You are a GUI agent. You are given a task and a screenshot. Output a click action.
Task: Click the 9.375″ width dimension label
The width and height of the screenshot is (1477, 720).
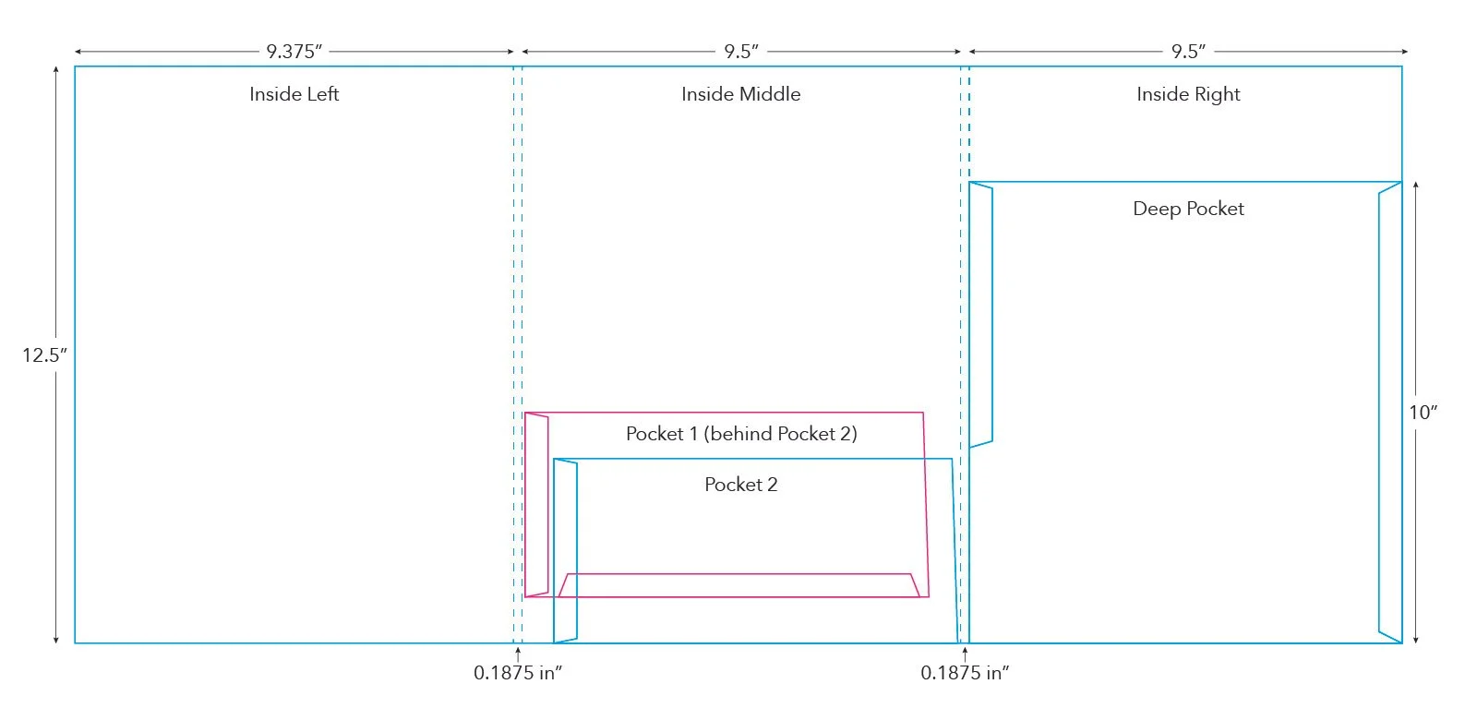pos(294,52)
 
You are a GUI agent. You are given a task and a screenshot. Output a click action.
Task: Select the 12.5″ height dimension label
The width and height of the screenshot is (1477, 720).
pos(44,355)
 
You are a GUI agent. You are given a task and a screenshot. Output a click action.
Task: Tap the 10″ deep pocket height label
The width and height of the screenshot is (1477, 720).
pos(1423,413)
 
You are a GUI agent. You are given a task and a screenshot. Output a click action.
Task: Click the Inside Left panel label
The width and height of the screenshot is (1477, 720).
pos(294,94)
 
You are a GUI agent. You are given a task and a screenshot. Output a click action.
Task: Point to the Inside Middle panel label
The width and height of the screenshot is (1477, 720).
pos(740,94)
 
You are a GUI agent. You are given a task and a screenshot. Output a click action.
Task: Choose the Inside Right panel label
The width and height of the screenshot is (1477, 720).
pos(1188,94)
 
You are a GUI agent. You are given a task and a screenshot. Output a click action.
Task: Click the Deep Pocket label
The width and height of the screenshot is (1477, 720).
pos(1188,209)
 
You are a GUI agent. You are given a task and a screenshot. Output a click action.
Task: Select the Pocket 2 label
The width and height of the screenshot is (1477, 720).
pos(740,485)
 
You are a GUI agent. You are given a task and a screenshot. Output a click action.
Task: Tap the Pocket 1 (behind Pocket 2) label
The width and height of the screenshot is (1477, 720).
pos(740,434)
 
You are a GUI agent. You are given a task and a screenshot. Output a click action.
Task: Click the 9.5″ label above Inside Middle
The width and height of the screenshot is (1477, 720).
pos(740,52)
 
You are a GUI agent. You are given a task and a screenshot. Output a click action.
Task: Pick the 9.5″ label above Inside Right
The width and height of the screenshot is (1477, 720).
pos(1188,52)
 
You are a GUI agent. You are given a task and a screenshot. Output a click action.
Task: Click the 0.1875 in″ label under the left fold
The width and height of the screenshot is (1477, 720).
pos(517,673)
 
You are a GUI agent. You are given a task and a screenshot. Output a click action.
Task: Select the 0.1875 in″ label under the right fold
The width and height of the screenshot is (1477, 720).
pos(964,673)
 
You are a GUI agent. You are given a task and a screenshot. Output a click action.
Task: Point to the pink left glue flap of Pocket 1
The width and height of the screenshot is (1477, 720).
pos(536,505)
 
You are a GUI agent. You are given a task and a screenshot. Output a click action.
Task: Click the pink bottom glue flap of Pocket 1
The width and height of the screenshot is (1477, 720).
pos(738,585)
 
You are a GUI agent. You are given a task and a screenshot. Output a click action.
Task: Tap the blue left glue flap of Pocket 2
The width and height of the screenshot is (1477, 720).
pos(566,550)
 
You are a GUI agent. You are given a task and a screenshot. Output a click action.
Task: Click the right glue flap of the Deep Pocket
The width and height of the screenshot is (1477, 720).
pos(1390,412)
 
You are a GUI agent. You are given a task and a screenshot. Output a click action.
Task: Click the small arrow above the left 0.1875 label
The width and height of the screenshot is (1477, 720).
pos(518,653)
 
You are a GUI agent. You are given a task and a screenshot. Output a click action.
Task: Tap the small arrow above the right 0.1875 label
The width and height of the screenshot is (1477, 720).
pos(965,653)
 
